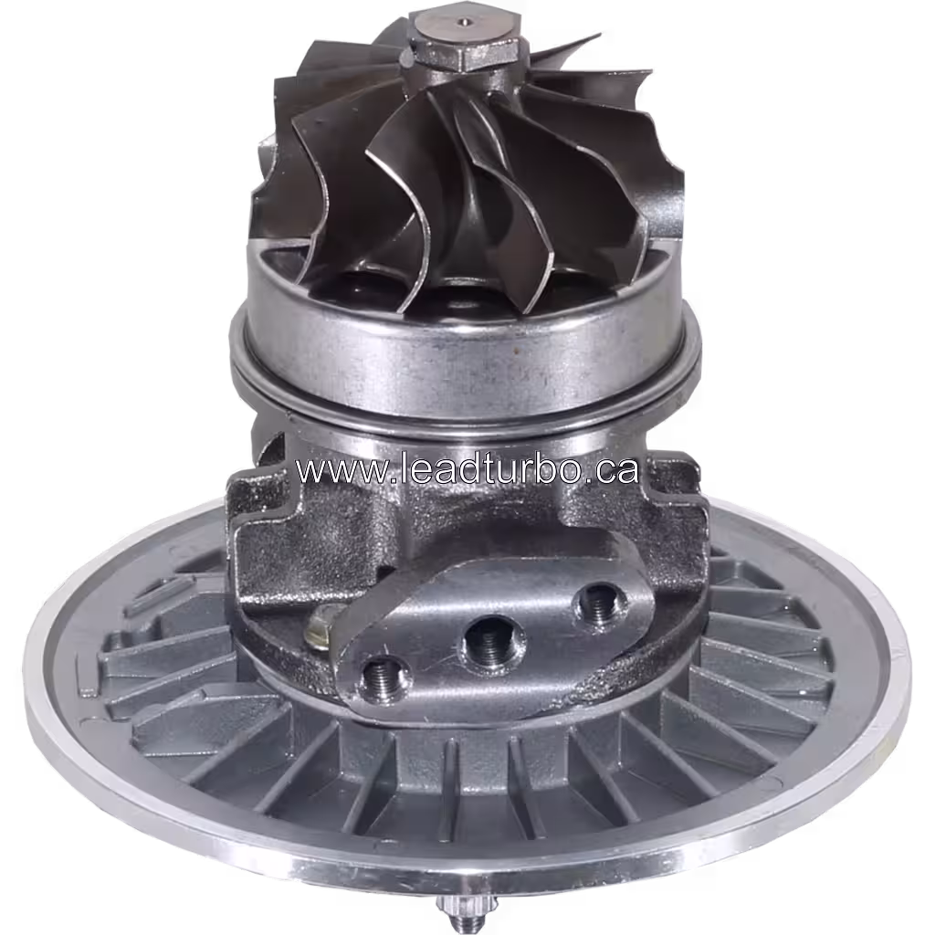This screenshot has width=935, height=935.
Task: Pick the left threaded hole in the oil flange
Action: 384,678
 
